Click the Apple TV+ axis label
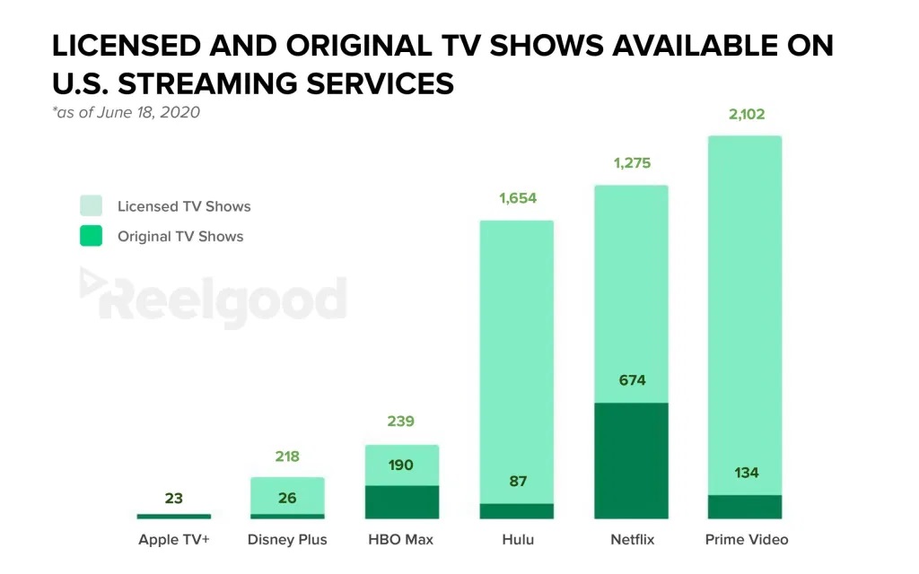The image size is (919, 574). point(173,540)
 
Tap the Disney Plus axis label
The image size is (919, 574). point(287,540)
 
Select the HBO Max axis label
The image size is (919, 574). point(401,540)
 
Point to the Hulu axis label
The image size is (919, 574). point(516,540)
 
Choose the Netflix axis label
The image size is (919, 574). point(631,540)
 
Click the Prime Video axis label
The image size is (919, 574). point(745,540)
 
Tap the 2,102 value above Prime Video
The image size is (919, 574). point(745,115)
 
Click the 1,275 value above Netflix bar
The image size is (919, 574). point(631,164)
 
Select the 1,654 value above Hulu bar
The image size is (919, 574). point(516,198)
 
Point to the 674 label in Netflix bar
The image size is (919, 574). point(631,380)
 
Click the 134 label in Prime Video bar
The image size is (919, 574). point(745,473)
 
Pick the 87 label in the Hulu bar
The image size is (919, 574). point(516,482)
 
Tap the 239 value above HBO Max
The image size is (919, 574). point(401,422)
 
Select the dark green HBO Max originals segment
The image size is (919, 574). point(401,502)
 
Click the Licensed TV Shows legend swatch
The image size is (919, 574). point(91,205)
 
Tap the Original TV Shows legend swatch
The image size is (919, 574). point(91,237)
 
